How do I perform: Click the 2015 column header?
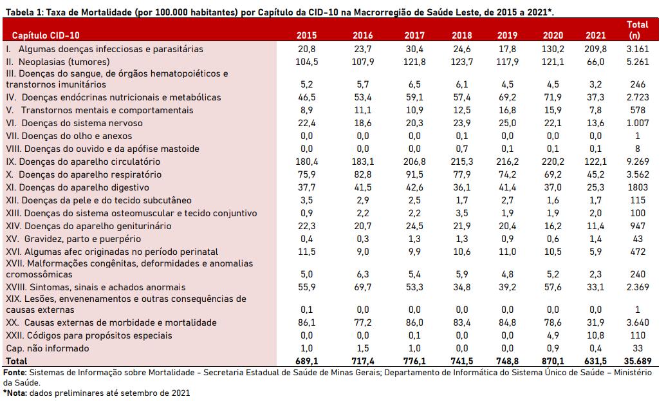(306, 35)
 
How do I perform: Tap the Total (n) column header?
(637, 30)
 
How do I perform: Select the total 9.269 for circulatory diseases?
(637, 162)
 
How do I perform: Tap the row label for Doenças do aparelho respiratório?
(82, 174)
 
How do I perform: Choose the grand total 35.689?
(635, 361)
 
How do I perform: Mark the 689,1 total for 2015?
(306, 361)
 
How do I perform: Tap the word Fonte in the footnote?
(14, 372)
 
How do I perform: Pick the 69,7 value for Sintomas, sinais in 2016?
(362, 287)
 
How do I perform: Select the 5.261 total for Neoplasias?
(637, 62)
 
